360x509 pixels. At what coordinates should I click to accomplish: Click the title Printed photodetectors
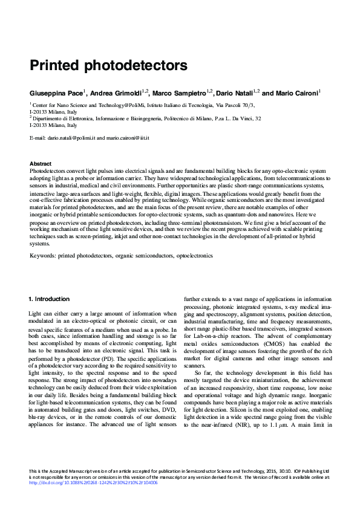pos(108,64)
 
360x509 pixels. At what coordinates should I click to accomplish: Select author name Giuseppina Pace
pos(57,93)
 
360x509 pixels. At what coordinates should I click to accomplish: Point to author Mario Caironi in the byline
pos(297,93)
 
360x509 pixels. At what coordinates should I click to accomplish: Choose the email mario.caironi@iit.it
pos(127,138)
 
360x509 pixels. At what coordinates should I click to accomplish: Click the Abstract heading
pos(41,164)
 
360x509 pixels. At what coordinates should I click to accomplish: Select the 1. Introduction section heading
pos(50,299)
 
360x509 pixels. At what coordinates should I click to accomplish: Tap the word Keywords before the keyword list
pos(43,256)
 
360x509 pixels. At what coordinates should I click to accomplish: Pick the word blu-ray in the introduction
pos(39,417)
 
